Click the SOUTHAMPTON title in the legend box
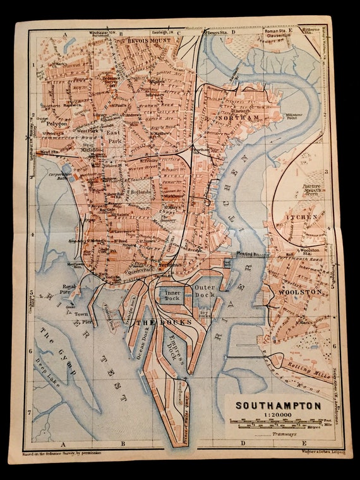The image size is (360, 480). point(278,405)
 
